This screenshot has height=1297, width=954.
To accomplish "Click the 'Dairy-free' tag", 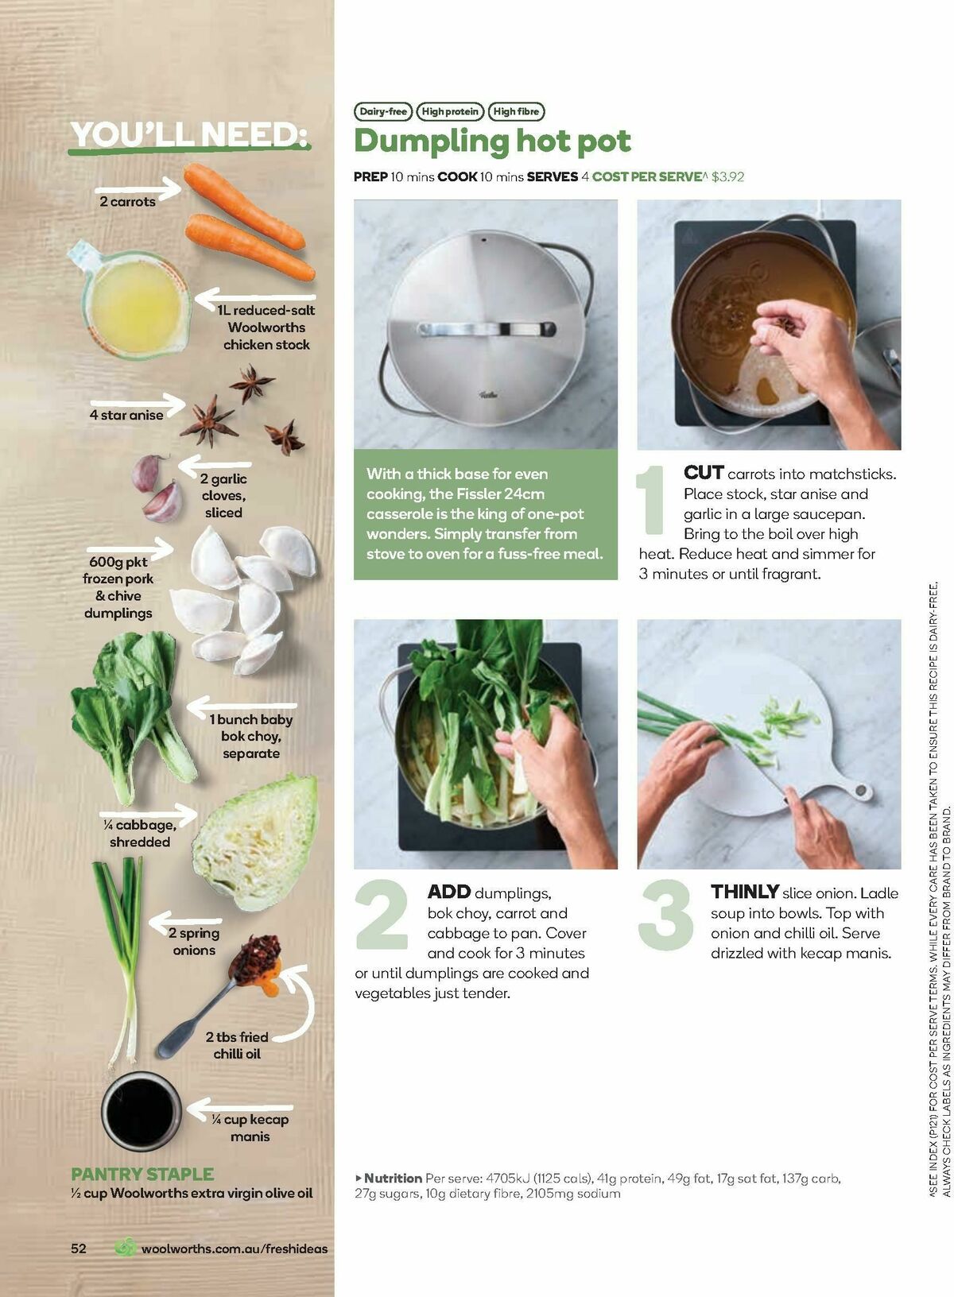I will (382, 112).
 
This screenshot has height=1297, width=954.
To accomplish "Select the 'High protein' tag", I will (450, 112).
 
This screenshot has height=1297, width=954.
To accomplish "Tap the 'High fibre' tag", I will (516, 112).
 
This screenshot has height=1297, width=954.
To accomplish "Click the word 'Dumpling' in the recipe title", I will (430, 142).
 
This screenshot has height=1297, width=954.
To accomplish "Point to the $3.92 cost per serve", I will (727, 176).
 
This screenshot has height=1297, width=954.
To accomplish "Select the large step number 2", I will (382, 916).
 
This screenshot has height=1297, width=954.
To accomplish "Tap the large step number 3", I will (666, 916).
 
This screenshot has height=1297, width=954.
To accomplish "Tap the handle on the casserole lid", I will (486, 328).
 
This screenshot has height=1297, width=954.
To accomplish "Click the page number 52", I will (79, 1248).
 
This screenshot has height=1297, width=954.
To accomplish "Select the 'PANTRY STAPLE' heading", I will (142, 1174).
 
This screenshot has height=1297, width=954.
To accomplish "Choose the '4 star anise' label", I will (126, 415).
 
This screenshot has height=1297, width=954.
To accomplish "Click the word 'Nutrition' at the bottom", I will (392, 1178).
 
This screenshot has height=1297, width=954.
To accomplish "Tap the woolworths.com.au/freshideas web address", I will (234, 1249).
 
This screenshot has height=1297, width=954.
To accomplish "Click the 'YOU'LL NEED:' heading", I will (188, 135).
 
